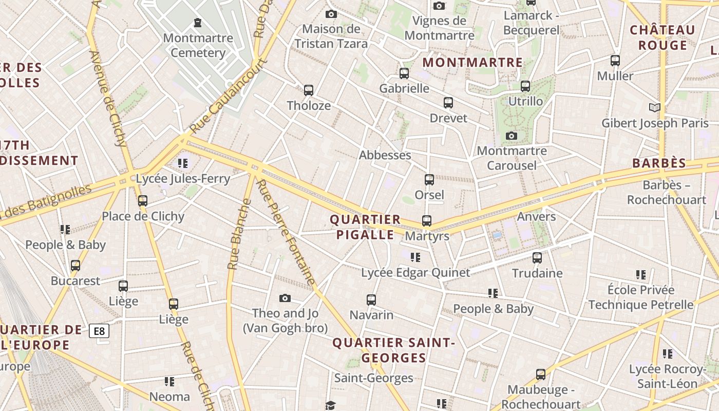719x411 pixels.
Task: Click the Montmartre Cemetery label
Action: (x=198, y=45)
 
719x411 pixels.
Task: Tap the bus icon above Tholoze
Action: (x=309, y=90)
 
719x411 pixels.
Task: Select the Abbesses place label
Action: (x=385, y=155)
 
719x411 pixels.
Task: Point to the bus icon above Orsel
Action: (x=429, y=180)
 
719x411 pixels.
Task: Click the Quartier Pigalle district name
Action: (x=365, y=227)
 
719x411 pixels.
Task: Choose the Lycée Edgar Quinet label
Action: (x=415, y=273)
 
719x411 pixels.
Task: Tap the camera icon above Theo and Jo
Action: (x=285, y=298)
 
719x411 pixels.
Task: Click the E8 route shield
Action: (x=99, y=331)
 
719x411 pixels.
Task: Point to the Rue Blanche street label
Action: (x=239, y=234)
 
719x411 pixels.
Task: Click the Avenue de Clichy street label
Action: (x=108, y=98)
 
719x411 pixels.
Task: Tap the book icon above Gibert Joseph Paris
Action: (x=654, y=107)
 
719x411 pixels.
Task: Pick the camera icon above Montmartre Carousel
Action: (x=512, y=136)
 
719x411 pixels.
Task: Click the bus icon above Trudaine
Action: (x=537, y=258)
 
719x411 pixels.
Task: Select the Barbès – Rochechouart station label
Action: (x=667, y=192)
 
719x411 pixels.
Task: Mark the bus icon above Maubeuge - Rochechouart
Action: (x=541, y=375)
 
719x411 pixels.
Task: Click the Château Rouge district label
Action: (x=663, y=38)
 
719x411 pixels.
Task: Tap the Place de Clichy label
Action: (x=143, y=216)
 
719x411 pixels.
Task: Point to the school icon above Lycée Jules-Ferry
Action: (x=183, y=163)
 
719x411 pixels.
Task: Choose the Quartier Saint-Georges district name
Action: (x=394, y=350)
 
